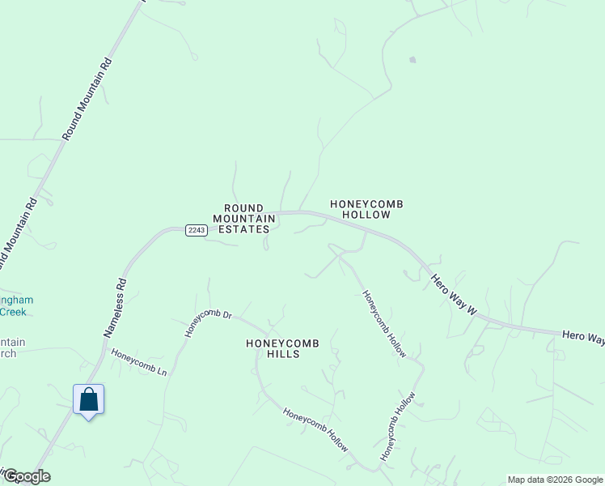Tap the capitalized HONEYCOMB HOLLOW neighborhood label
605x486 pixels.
[x=366, y=209]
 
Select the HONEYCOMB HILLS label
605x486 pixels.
[x=282, y=349]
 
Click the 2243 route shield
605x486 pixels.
[x=197, y=230]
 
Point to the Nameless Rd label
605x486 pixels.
[x=116, y=308]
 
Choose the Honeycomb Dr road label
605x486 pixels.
[x=208, y=322]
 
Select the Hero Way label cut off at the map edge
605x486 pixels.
[x=582, y=337]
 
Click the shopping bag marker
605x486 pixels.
[x=88, y=400]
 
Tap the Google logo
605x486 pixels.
[x=26, y=476]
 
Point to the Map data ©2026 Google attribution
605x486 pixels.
[x=555, y=480]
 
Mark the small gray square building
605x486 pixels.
[x=412, y=59]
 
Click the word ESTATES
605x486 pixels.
[x=241, y=229]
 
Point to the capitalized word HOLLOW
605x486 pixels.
[x=366, y=215]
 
